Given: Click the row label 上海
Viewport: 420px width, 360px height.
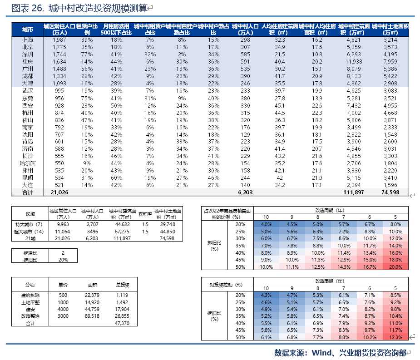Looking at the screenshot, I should tap(27, 40).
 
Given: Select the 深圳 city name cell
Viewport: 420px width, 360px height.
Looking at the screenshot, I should tap(27, 54).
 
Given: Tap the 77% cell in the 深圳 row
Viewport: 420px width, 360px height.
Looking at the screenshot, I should tap(87, 54).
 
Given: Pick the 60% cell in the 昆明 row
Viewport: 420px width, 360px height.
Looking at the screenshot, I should tap(117, 178).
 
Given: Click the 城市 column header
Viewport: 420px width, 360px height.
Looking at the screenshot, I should tap(27, 30).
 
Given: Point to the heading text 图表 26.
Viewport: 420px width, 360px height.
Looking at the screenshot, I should tap(27, 8).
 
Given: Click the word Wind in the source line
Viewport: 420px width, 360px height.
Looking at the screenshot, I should tap(321, 352).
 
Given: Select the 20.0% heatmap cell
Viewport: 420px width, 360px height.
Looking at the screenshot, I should tap(395, 267).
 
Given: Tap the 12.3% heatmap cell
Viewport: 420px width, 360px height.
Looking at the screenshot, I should tap(395, 337).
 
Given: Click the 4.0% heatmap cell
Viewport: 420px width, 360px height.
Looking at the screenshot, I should tap(266, 224).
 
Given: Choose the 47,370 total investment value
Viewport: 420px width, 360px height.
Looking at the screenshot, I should tap(123, 323).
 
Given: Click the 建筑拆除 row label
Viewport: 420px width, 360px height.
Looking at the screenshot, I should tap(30, 295).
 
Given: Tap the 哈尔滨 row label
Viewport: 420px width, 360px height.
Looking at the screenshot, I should tap(27, 163).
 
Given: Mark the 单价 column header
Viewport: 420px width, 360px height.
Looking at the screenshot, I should tap(63, 285).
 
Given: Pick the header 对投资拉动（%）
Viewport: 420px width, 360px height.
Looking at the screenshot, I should tap(226, 285).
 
